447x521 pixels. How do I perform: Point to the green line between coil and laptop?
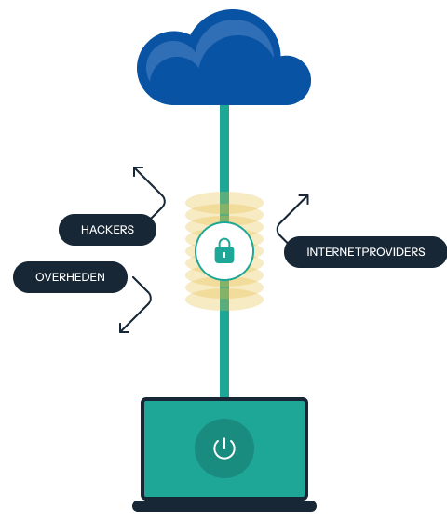(x=223, y=354)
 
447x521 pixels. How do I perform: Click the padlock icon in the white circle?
(x=223, y=251)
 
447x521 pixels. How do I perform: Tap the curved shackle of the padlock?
(x=223, y=244)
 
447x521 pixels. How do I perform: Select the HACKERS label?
(x=107, y=230)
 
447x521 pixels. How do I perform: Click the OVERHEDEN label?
(x=70, y=277)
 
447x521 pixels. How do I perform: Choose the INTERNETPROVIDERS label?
(x=365, y=252)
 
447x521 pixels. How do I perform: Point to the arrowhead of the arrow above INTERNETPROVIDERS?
(x=305, y=198)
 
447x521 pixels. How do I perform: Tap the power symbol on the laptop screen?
(x=223, y=448)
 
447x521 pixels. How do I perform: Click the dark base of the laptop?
(x=223, y=506)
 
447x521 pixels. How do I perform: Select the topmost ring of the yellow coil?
(x=223, y=199)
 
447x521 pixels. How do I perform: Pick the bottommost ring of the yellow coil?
(x=223, y=302)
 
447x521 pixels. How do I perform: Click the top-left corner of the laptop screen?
(x=143, y=401)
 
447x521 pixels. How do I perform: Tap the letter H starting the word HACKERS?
(x=85, y=230)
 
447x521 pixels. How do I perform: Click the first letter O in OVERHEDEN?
(x=40, y=277)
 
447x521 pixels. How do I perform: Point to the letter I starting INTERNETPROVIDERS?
(x=308, y=252)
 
